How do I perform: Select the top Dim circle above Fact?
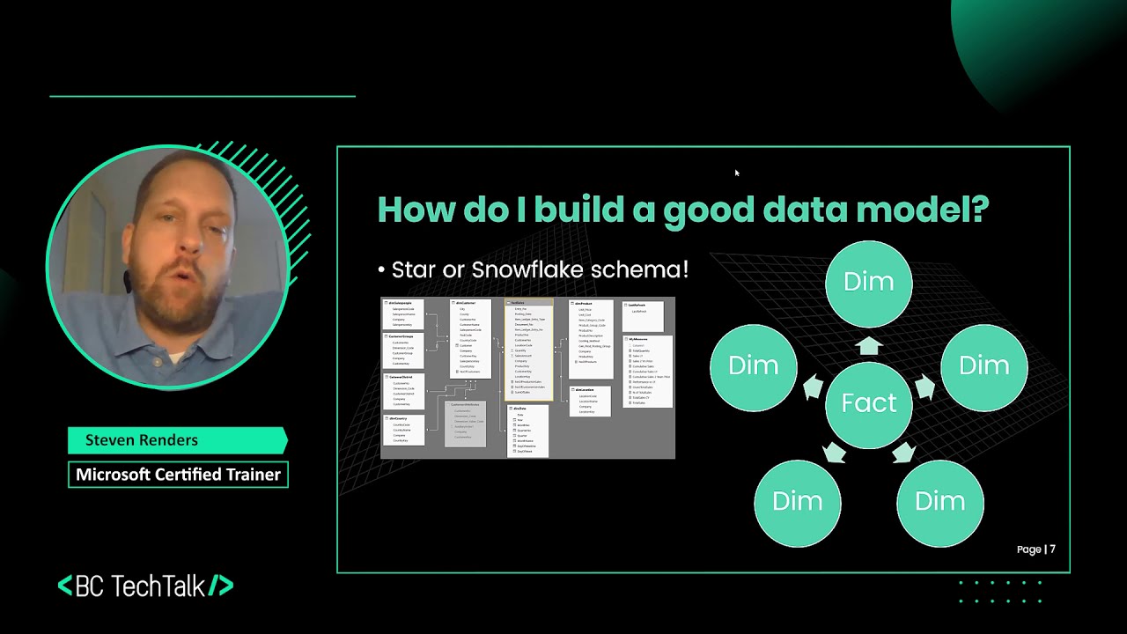[x=869, y=282]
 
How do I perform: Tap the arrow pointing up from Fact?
[x=869, y=345]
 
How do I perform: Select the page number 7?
[x=1052, y=549]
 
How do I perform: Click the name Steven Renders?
[x=142, y=440]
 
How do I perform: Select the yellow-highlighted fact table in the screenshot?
[x=528, y=347]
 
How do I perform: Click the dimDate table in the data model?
[x=527, y=431]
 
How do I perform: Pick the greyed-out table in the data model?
[x=466, y=424]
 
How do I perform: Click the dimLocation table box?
[x=589, y=402]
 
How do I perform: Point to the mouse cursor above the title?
[x=736, y=173]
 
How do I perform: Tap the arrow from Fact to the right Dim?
[x=924, y=387]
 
